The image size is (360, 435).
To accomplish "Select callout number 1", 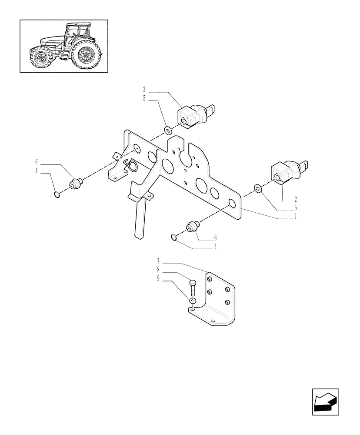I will pos(296,216).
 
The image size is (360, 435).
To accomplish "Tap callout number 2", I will pos(296,199).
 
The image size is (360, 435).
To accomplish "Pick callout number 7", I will pos(159,261).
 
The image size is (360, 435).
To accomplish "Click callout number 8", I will pos(159,270).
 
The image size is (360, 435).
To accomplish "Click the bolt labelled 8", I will pos(193,288).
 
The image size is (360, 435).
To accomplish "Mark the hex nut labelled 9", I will pos(193,300).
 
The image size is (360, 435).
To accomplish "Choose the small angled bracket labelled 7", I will pos(217,304).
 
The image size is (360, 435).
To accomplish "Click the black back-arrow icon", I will pos(325,402).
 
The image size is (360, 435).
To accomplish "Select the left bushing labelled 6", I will pos(77,184).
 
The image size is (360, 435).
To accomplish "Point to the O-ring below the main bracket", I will pos(174,237).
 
